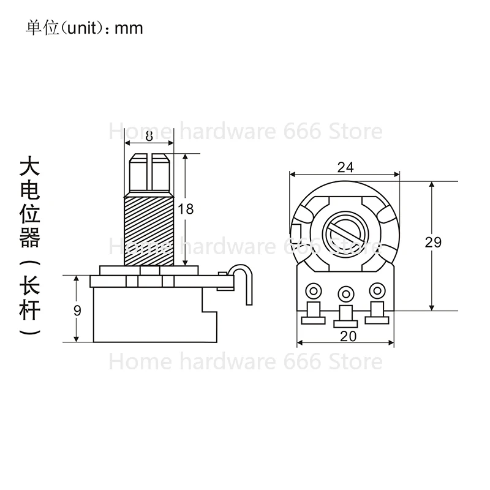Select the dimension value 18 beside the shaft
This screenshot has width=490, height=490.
coord(186,209)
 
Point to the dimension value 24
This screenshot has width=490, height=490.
coord(345,167)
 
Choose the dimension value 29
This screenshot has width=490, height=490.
coord(433,243)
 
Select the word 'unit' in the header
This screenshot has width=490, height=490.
coord(78,28)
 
